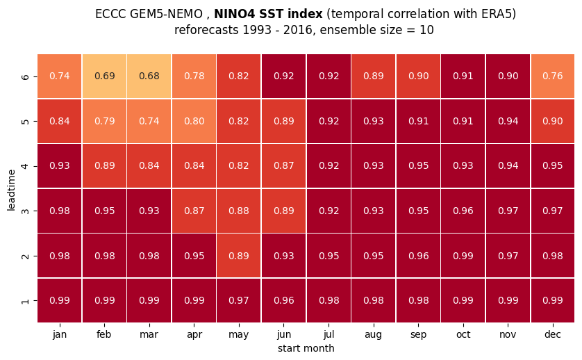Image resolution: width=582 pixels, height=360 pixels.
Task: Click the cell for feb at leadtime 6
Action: pyautogui.click(x=104, y=76)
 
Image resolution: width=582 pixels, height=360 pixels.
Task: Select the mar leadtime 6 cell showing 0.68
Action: pyautogui.click(x=149, y=76)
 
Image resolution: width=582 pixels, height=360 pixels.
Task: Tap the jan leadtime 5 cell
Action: pyautogui.click(x=60, y=121)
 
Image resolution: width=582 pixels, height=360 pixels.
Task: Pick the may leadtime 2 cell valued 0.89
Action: pyautogui.click(x=239, y=256)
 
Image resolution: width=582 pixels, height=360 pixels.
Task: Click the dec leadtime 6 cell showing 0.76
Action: pyautogui.click(x=553, y=76)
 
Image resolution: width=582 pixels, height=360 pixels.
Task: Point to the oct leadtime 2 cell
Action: pyautogui.click(x=463, y=256)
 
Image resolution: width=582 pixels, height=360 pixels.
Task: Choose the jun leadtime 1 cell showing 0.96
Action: pyautogui.click(x=283, y=300)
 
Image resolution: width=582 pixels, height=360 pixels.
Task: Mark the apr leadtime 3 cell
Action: pyautogui.click(x=194, y=211)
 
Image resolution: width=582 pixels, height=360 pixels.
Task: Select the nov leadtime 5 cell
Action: pyautogui.click(x=508, y=121)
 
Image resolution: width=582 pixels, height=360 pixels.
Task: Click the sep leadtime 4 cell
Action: pyautogui.click(x=418, y=165)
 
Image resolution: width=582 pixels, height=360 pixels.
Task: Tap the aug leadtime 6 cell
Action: pyautogui.click(x=374, y=76)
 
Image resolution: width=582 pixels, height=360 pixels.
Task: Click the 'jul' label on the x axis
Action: pyautogui.click(x=329, y=334)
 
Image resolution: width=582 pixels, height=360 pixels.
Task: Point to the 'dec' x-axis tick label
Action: pyautogui.click(x=553, y=334)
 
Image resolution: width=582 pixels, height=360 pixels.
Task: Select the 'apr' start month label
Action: pyautogui.click(x=194, y=335)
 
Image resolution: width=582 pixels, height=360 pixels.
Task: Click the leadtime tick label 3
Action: pyautogui.click(x=25, y=211)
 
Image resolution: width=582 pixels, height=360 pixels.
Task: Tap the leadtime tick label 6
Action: pyautogui.click(x=25, y=76)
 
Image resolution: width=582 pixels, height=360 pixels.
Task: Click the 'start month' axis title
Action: pyautogui.click(x=306, y=348)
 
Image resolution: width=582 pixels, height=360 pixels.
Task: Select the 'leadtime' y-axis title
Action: pyautogui.click(x=11, y=190)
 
